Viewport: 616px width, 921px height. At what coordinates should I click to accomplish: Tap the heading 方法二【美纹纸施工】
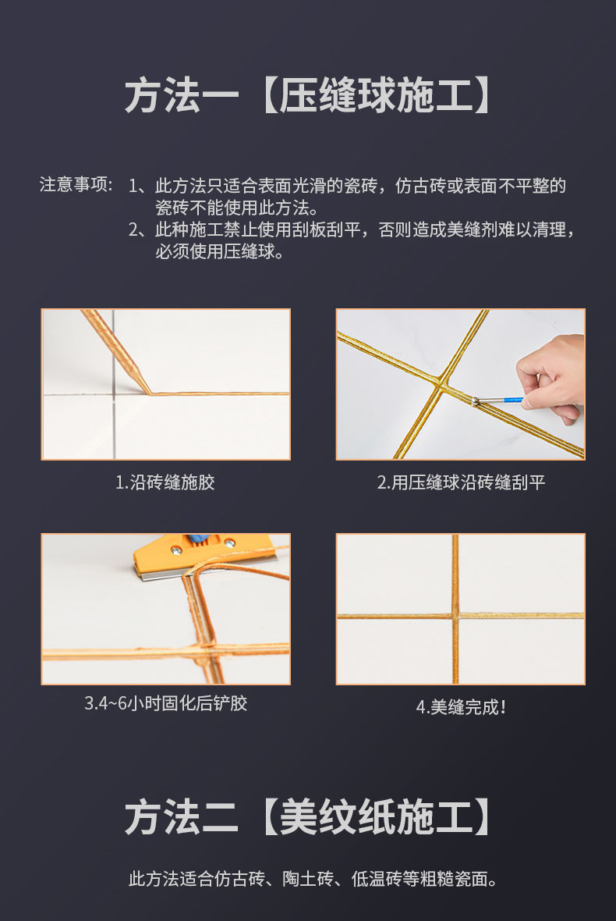click(x=307, y=817)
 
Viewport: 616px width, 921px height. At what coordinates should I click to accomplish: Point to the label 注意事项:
click(x=76, y=184)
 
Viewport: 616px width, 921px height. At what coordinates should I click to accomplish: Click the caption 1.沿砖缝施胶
click(x=165, y=482)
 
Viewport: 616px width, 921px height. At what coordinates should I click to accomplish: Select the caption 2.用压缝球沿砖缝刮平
click(x=461, y=482)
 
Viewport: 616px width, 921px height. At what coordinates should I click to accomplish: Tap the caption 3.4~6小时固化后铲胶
click(x=165, y=703)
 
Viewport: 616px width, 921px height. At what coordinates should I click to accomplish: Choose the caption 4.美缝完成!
click(x=461, y=706)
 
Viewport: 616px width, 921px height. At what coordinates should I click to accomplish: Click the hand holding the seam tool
click(x=551, y=376)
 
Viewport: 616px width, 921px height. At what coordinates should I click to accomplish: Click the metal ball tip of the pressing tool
click(x=475, y=402)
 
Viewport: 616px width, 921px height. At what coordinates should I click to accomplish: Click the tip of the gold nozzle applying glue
click(x=149, y=393)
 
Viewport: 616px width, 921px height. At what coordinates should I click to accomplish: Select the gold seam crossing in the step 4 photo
click(x=455, y=616)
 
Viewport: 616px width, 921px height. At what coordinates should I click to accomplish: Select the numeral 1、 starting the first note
click(x=140, y=186)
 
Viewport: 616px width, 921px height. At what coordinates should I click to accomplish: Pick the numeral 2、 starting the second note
click(x=140, y=229)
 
